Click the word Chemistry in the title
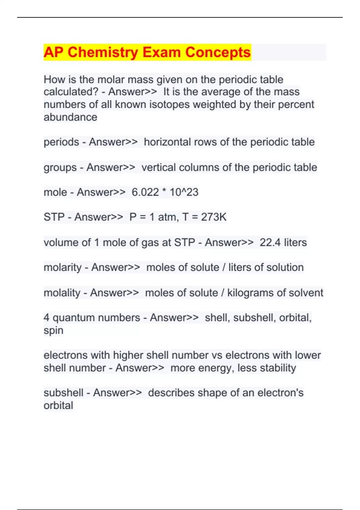103,52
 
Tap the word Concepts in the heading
217,52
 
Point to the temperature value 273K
214,217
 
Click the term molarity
62,268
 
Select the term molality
62,293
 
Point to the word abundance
70,117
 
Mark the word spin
53,331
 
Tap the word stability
278,368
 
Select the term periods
61,142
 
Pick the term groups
60,167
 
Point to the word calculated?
71,92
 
